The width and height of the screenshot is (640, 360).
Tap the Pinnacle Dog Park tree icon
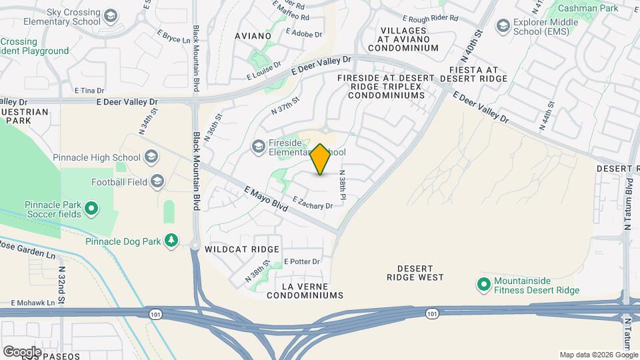pos(172,240)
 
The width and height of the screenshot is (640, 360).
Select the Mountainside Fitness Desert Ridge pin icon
pos(485,285)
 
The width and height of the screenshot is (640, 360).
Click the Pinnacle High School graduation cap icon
pos(152,157)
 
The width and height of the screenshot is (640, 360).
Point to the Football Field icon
pos(157,181)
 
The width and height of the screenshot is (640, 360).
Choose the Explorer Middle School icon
pos(503,25)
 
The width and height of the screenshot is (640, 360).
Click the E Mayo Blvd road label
pos(265,199)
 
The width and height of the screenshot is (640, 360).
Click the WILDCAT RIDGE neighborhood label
pos(241,249)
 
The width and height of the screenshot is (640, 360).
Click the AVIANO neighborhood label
pos(252,35)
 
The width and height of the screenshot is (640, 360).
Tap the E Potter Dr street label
pos(302,261)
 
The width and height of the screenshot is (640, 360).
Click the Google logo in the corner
pos(21,351)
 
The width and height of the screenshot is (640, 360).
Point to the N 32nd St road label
pos(61,285)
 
